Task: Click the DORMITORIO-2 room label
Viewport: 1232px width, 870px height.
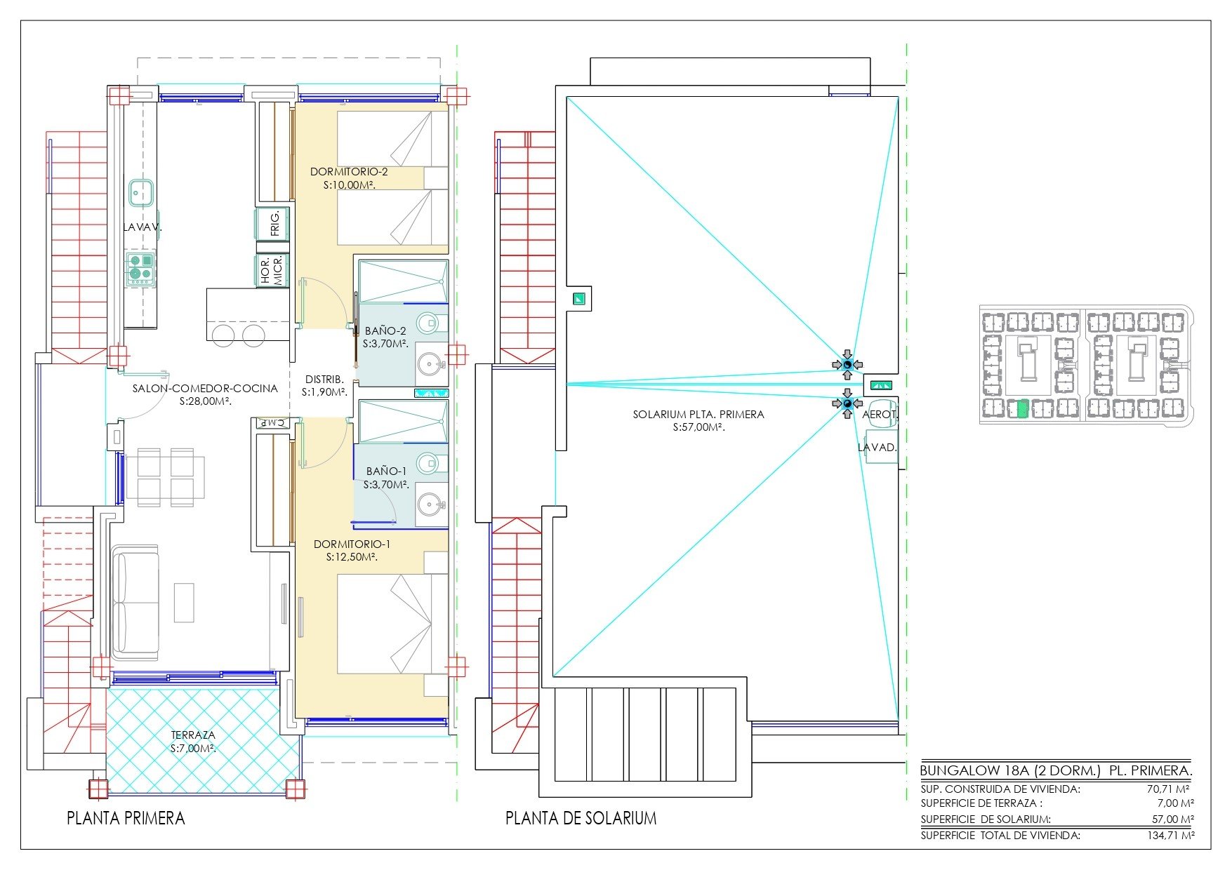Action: pyautogui.click(x=349, y=172)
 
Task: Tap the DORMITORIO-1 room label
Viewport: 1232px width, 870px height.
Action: pyautogui.click(x=352, y=544)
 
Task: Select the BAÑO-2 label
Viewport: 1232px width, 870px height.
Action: pyautogui.click(x=385, y=331)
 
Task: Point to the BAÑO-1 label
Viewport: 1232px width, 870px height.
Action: pyautogui.click(x=386, y=471)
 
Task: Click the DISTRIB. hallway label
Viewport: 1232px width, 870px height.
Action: pyautogui.click(x=324, y=380)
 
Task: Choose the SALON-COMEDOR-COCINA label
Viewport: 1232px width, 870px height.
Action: pyautogui.click(x=205, y=389)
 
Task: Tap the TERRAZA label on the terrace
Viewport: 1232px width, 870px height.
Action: pyautogui.click(x=193, y=735)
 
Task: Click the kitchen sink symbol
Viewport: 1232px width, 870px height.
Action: pyautogui.click(x=141, y=192)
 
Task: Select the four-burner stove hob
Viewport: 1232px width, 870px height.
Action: pyautogui.click(x=141, y=267)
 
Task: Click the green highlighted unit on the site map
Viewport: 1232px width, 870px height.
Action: pyautogui.click(x=1023, y=408)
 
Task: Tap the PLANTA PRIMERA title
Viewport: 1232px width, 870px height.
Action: pyautogui.click(x=126, y=818)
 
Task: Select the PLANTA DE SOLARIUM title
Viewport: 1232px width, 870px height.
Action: pyautogui.click(x=581, y=818)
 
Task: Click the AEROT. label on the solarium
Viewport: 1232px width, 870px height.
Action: pyautogui.click(x=880, y=415)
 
